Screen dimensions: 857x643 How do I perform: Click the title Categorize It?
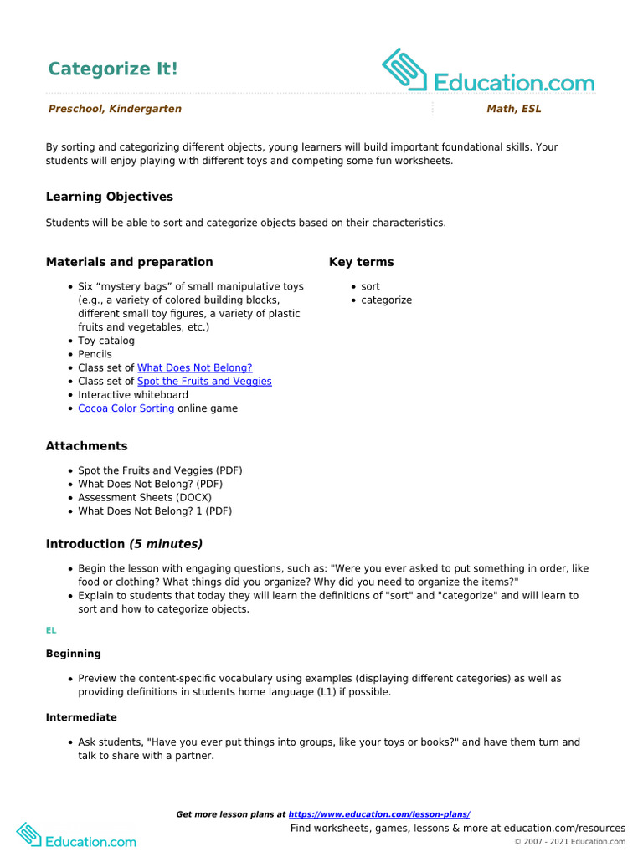pyautogui.click(x=113, y=69)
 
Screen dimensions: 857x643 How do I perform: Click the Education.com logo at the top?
pyautogui.click(x=488, y=72)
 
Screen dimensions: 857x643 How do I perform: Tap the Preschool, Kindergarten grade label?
pyautogui.click(x=115, y=109)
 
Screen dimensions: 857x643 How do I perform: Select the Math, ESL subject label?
pyautogui.click(x=513, y=109)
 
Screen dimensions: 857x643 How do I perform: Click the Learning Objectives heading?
pyautogui.click(x=110, y=197)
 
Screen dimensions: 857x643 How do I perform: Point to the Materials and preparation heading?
pyautogui.click(x=129, y=262)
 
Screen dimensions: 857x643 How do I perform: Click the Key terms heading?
pyautogui.click(x=361, y=262)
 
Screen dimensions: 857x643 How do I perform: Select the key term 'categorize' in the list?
pyautogui.click(x=386, y=300)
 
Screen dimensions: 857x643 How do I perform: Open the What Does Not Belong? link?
pyautogui.click(x=194, y=367)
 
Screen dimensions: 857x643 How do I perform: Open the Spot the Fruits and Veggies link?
pyautogui.click(x=204, y=381)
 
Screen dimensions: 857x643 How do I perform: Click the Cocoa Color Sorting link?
pyautogui.click(x=126, y=408)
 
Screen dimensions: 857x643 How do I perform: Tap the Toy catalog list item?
pyautogui.click(x=106, y=341)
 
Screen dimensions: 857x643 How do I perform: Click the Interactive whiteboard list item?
pyautogui.click(x=133, y=394)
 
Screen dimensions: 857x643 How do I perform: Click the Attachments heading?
pyautogui.click(x=87, y=446)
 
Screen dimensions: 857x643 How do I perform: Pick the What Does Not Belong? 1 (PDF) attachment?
pyautogui.click(x=155, y=511)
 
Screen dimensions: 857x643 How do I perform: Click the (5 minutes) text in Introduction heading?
pyautogui.click(x=166, y=544)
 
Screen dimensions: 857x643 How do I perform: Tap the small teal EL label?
pyautogui.click(x=51, y=630)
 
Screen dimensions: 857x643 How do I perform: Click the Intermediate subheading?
pyautogui.click(x=81, y=717)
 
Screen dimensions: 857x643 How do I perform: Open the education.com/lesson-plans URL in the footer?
pyautogui.click(x=379, y=814)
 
